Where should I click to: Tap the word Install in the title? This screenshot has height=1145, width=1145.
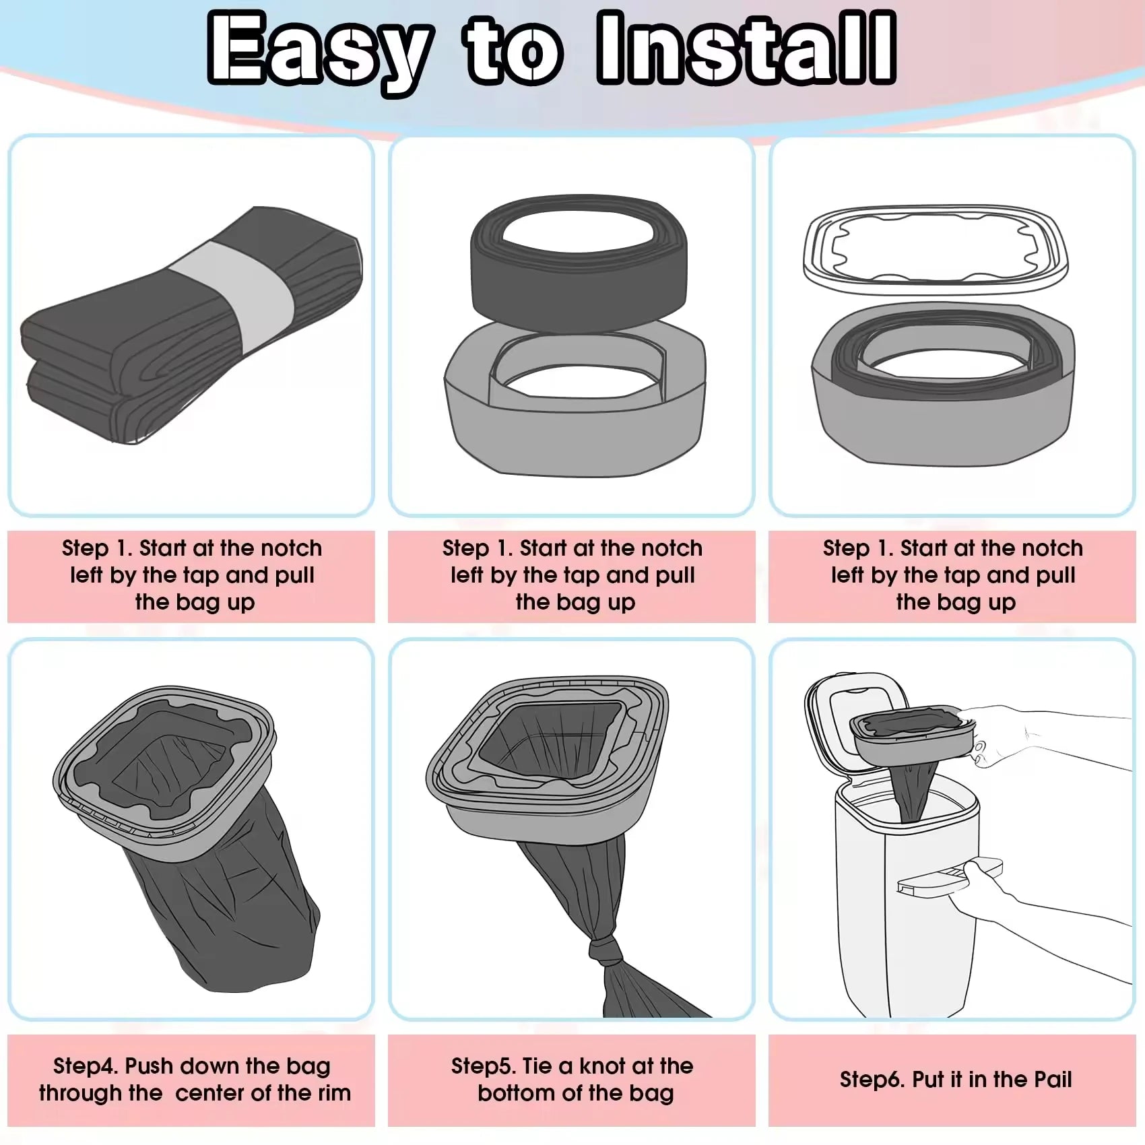pos(747,47)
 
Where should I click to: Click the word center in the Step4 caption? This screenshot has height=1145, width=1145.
pos(210,1093)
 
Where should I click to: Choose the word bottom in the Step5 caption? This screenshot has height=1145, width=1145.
pos(517,1093)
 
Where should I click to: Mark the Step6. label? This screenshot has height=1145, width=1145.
pos(872,1080)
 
